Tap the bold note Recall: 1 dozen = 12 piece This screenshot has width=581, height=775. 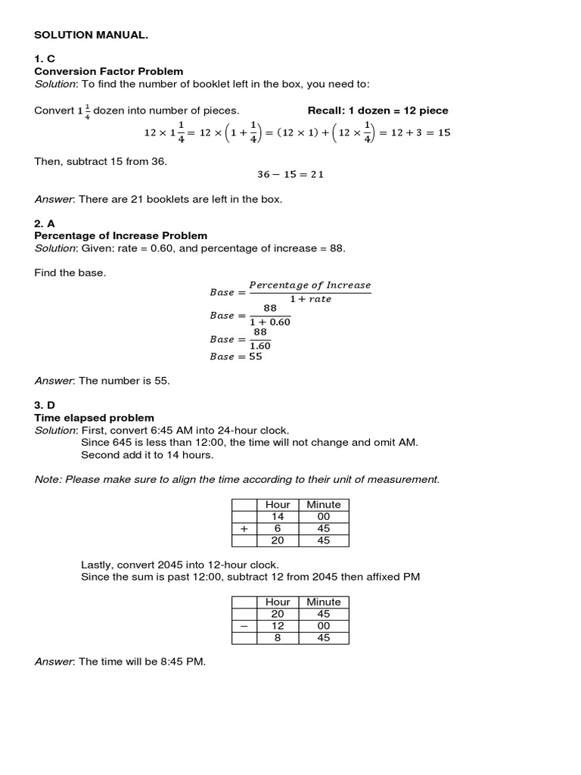377,110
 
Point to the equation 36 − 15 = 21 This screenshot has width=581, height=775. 290,174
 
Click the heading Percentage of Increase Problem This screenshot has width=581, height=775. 121,236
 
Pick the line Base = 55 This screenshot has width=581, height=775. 236,356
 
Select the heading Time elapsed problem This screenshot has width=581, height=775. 95,418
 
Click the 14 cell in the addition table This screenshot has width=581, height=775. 278,517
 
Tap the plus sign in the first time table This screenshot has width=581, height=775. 244,529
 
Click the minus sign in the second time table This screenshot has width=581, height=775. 244,627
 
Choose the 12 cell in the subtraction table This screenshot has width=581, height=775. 278,627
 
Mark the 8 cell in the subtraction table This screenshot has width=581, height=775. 278,638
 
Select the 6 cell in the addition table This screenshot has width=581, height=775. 278,529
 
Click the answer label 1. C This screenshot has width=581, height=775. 45,59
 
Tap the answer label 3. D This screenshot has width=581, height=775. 45,406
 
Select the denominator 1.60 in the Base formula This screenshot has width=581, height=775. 260,346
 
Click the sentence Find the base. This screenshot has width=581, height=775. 70,272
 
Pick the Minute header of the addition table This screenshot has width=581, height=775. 323,505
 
